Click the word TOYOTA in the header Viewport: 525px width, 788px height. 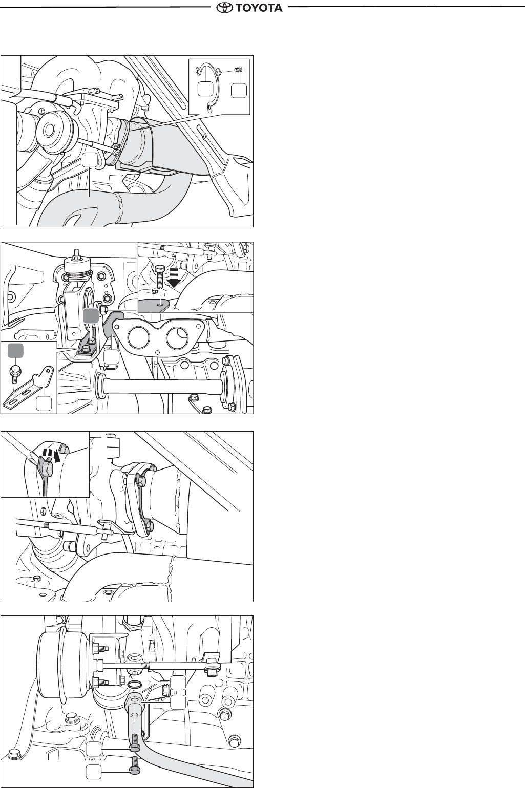[x=259, y=7]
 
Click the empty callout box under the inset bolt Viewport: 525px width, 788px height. [x=239, y=90]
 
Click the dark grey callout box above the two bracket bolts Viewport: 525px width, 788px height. [x=91, y=316]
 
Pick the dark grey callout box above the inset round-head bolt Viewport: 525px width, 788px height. [x=15, y=351]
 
